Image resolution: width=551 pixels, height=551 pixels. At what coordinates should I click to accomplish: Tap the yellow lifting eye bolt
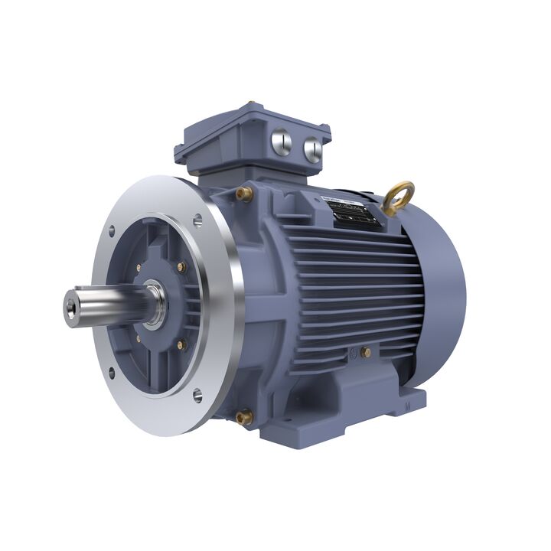pyautogui.click(x=399, y=197)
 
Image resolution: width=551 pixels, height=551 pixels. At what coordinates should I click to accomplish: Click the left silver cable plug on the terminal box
pyautogui.click(x=282, y=143)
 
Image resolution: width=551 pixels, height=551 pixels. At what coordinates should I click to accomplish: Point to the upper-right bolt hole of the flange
pyautogui.click(x=197, y=220)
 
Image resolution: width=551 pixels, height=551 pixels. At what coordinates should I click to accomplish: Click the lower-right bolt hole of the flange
pyautogui.click(x=197, y=395)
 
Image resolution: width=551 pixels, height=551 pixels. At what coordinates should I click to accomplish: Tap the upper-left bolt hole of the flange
pyautogui.click(x=112, y=230)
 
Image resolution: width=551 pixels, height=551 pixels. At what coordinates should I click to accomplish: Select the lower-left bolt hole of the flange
pyautogui.click(x=112, y=373)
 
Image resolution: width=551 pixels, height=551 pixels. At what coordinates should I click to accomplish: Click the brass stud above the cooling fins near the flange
pyautogui.click(x=244, y=194)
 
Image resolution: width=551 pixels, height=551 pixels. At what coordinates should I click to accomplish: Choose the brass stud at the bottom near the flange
pyautogui.click(x=244, y=418)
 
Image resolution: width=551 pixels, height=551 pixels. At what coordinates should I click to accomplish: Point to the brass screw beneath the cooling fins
pyautogui.click(x=366, y=353)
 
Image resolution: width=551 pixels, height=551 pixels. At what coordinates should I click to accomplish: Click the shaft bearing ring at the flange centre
pyautogui.click(x=155, y=303)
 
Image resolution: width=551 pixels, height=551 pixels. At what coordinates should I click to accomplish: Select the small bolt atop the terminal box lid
pyautogui.click(x=249, y=104)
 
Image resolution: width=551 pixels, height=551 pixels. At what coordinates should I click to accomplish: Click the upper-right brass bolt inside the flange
pyautogui.click(x=181, y=267)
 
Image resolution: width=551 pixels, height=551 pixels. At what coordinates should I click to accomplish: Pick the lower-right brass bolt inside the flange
pyautogui.click(x=181, y=345)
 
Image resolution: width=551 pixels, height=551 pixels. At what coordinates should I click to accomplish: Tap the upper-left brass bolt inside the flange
pyautogui.click(x=138, y=268)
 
